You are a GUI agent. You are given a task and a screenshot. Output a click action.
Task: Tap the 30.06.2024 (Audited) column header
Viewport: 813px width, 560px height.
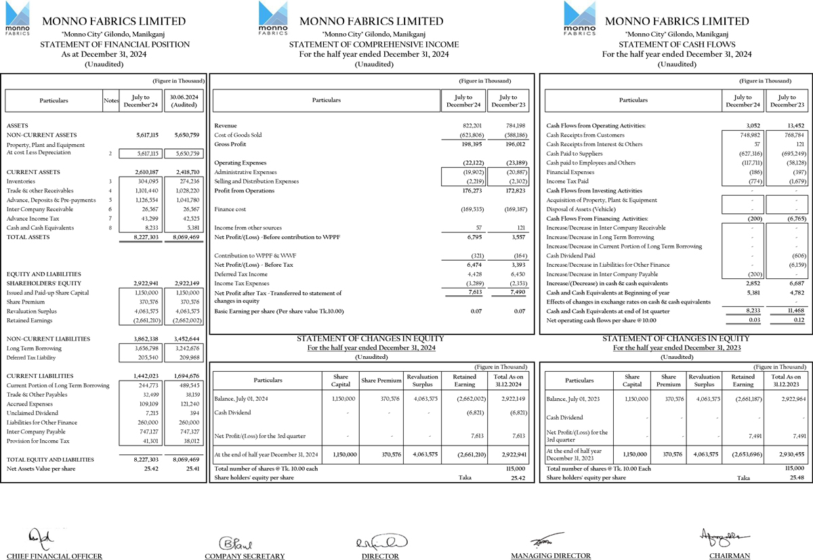click(185, 101)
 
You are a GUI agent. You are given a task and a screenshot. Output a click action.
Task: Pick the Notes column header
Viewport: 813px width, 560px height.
click(111, 101)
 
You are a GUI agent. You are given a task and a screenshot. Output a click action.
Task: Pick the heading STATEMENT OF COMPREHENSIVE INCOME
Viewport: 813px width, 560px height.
click(374, 45)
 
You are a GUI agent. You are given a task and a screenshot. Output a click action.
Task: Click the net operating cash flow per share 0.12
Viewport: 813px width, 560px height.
click(798, 320)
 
